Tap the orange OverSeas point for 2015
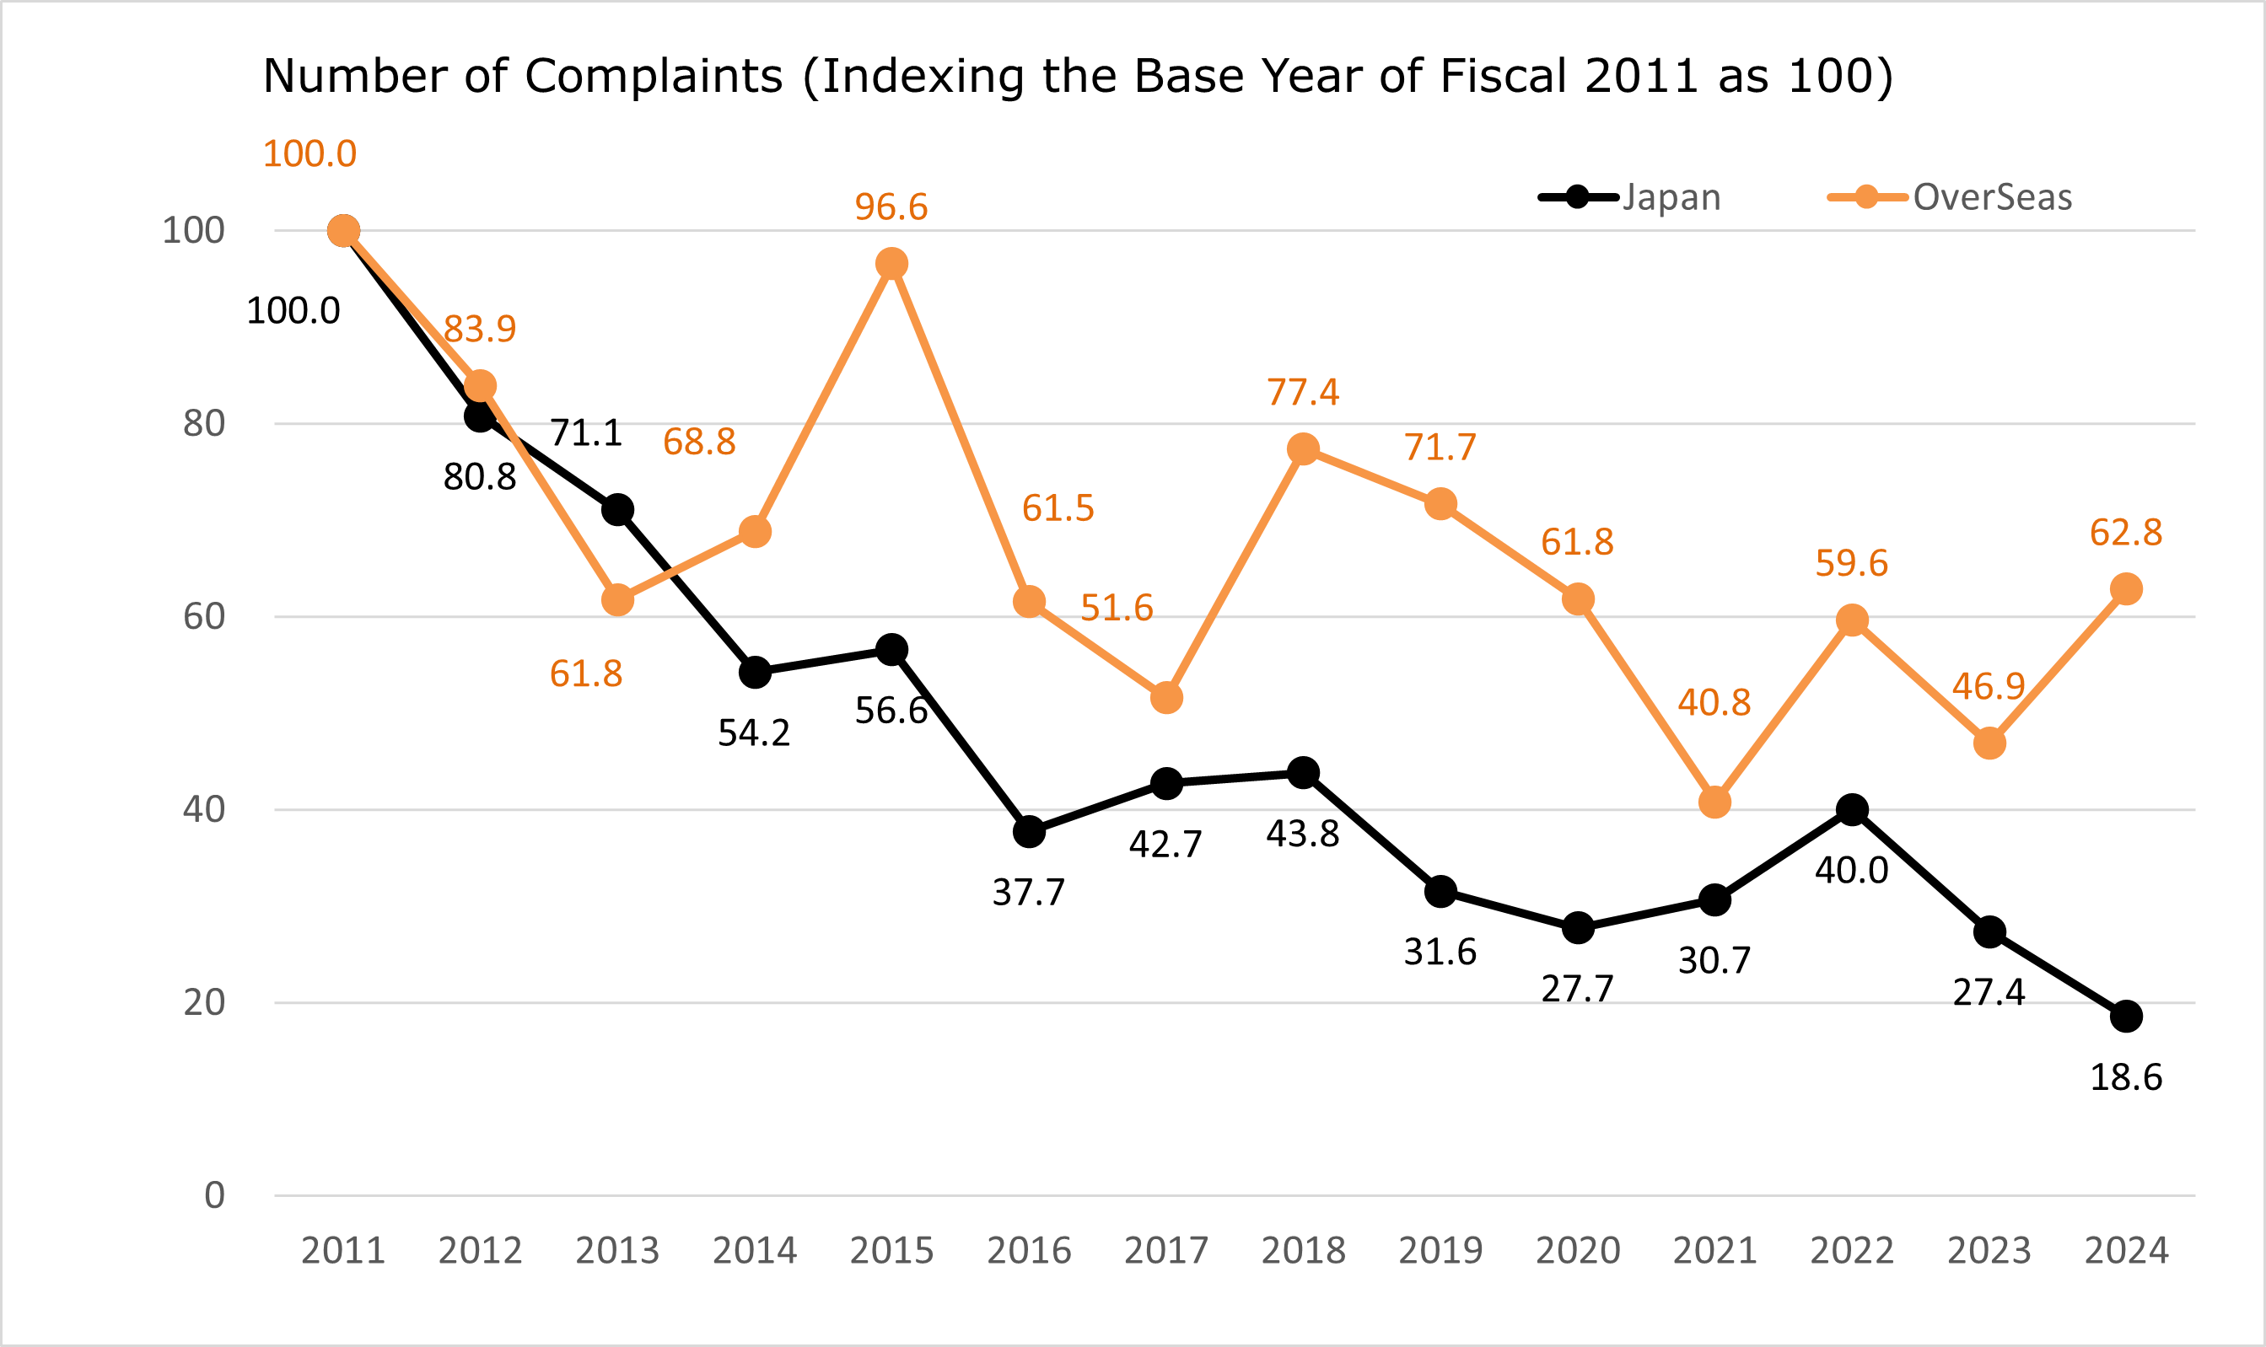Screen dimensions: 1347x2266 pyautogui.click(x=891, y=264)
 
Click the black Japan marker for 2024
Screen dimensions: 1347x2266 pyautogui.click(x=2126, y=1017)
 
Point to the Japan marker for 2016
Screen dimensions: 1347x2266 pyautogui.click(x=1029, y=831)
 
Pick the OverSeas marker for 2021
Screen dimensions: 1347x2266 pyautogui.click(x=1714, y=802)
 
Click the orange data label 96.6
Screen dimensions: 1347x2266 pyautogui.click(x=891, y=207)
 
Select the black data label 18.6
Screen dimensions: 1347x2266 pyautogui.click(x=2126, y=1077)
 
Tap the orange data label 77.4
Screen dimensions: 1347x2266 pyautogui.click(x=1303, y=392)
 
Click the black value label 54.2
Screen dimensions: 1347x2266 pyautogui.click(x=754, y=733)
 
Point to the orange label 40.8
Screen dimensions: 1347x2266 pyautogui.click(x=1714, y=702)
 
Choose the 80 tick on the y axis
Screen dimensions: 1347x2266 pyautogui.click(x=204, y=423)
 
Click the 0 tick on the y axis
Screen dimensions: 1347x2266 pyautogui.click(x=214, y=1195)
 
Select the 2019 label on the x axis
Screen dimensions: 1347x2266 pyautogui.click(x=1440, y=1251)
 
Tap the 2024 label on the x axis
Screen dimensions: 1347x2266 pyautogui.click(x=2126, y=1251)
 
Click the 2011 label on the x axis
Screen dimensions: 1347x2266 pyautogui.click(x=343, y=1251)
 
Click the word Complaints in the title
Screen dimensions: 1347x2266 pyautogui.click(x=654, y=76)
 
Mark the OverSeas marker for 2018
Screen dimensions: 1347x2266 pyautogui.click(x=1303, y=449)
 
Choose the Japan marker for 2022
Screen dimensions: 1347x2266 pyautogui.click(x=1852, y=810)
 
